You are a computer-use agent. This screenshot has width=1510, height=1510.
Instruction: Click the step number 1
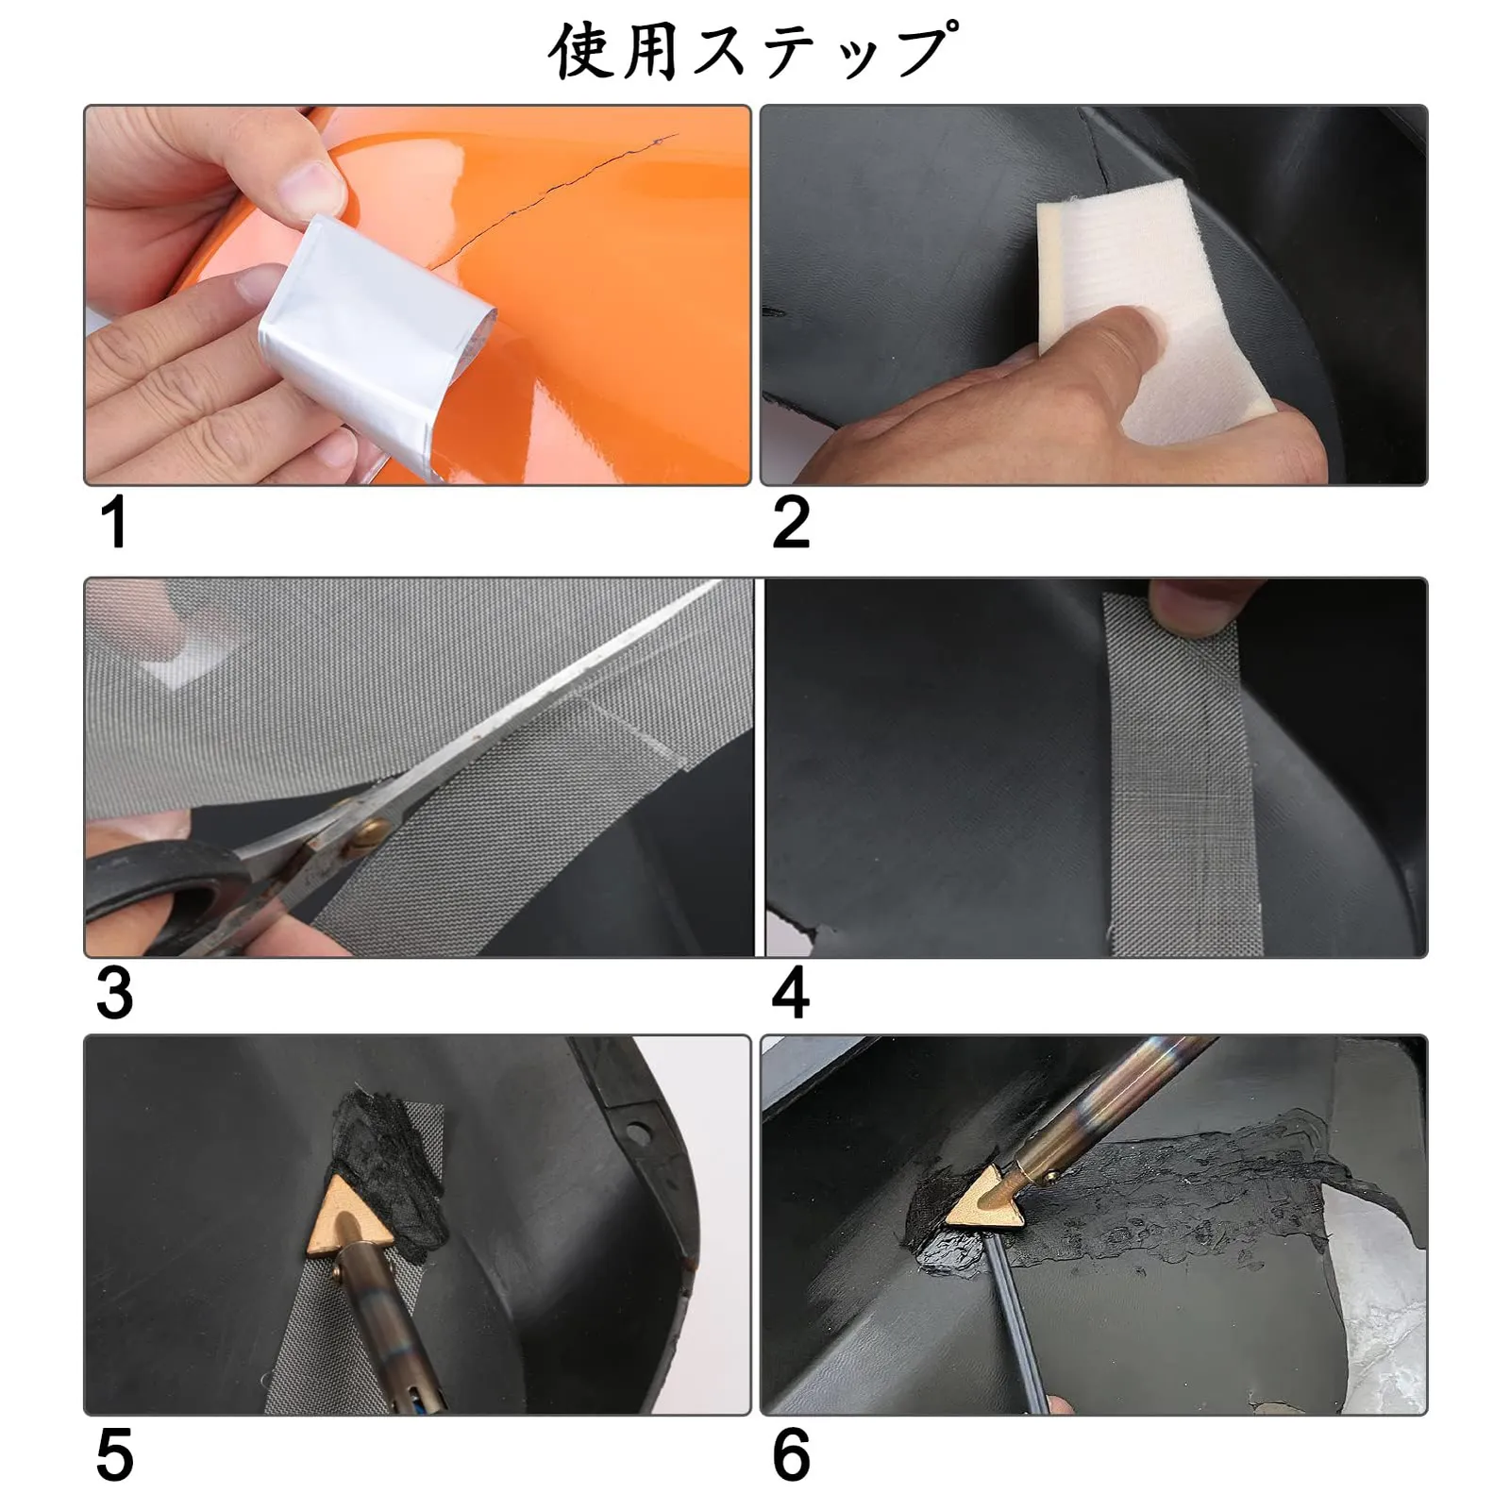pyautogui.click(x=114, y=522)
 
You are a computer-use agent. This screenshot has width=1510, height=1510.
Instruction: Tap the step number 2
pyautogui.click(x=791, y=522)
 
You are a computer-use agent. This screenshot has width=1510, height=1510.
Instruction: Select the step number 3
pyautogui.click(x=115, y=993)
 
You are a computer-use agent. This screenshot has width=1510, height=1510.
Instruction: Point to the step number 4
pyautogui.click(x=791, y=993)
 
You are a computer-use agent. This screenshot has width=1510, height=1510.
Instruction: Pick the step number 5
pyautogui.click(x=115, y=1455)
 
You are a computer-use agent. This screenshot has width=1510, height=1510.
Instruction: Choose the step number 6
pyautogui.click(x=791, y=1455)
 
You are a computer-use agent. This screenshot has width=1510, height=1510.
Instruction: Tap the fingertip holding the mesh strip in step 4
pyautogui.click(x=1193, y=605)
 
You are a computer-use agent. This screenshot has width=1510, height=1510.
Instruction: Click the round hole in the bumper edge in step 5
pyautogui.click(x=638, y=1131)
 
